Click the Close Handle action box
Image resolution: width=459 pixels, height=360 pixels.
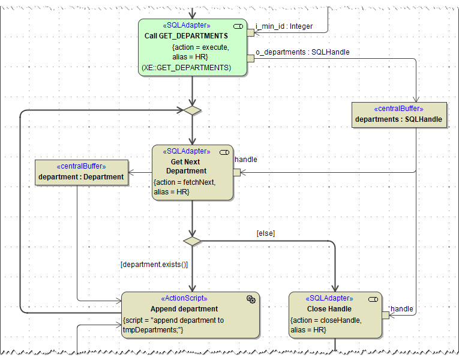coord(335,315)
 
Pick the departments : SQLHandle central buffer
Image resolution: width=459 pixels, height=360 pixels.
coord(398,115)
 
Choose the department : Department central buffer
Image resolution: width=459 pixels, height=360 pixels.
coord(81,172)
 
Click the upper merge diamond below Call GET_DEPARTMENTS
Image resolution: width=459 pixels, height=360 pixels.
coord(192,110)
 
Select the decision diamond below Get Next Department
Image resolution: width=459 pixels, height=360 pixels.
coord(192,241)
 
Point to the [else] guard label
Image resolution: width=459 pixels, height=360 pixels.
coord(265,233)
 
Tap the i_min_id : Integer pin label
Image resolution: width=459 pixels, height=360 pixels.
coord(284,26)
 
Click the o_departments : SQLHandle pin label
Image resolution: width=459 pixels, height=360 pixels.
coord(302,52)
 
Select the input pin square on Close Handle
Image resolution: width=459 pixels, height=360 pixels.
coord(385,315)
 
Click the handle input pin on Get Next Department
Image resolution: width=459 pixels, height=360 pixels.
coord(236,172)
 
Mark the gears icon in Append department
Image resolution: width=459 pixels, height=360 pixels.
coord(251,299)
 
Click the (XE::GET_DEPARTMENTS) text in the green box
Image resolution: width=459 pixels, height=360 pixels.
coord(186,68)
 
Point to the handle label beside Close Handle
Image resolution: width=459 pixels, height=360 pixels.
coord(401,309)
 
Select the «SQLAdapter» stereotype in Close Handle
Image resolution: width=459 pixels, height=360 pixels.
coord(329,298)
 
